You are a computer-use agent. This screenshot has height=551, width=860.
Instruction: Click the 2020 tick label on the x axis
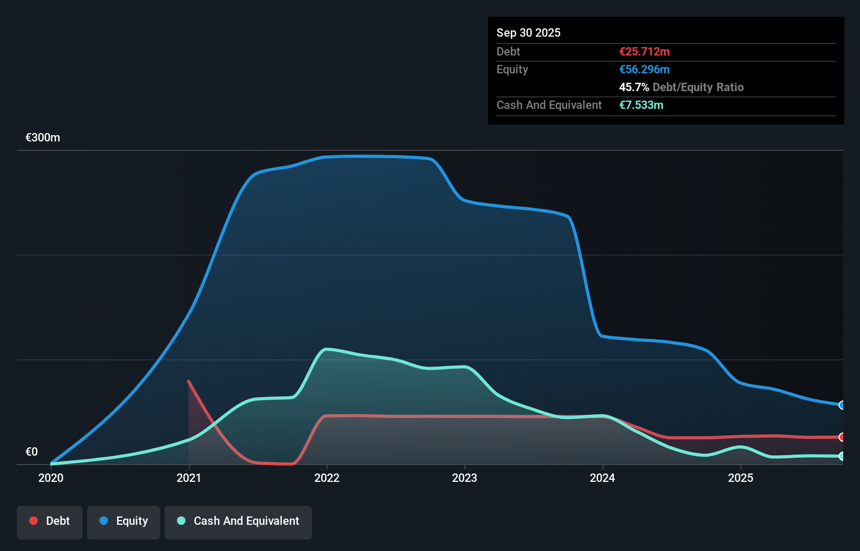51,478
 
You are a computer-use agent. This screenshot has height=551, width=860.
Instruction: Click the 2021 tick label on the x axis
189,478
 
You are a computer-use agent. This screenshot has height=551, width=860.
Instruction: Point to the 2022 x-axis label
327,478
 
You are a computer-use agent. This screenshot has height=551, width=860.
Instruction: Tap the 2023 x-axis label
465,478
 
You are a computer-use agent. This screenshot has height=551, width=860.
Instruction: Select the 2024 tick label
602,478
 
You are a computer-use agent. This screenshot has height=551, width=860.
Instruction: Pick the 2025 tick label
741,478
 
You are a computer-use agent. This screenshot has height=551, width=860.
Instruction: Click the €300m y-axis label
43,137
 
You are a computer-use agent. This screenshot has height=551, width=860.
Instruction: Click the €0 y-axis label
31,451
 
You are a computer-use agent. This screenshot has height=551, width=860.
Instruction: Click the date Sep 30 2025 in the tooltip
528,32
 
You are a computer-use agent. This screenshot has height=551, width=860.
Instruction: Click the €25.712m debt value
644,51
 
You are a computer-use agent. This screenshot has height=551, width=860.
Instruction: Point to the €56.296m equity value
644,69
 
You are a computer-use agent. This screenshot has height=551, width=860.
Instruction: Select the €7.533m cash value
641,105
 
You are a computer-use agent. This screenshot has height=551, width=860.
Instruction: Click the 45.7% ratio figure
634,87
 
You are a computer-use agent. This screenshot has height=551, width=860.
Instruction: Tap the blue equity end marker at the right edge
842,405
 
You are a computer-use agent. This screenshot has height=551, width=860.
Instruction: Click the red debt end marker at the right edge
842,437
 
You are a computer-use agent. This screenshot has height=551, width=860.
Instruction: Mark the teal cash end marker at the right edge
842,456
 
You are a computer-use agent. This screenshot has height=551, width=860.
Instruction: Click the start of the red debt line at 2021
189,381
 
